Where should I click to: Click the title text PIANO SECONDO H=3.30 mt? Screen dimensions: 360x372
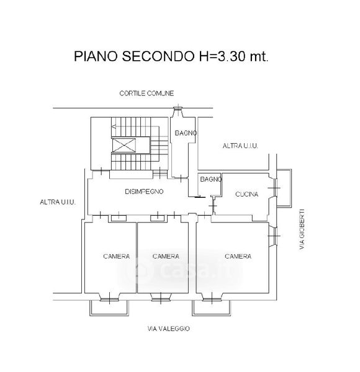[x=171, y=56]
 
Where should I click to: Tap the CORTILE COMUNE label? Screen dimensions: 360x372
[x=146, y=93]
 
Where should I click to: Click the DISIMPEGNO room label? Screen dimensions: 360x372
[x=144, y=192]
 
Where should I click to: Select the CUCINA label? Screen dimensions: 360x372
[x=247, y=194]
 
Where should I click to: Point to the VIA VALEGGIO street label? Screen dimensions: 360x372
[x=169, y=329]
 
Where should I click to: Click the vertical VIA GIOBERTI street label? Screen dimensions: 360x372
[x=302, y=229]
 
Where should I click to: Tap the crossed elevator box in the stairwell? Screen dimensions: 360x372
[x=124, y=145]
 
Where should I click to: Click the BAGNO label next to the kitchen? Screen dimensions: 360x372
[x=210, y=179]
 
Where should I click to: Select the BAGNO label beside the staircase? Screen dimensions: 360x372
[x=186, y=133]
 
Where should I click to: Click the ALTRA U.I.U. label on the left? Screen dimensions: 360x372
[x=58, y=202]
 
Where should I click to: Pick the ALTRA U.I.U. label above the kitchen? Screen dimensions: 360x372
[x=240, y=146]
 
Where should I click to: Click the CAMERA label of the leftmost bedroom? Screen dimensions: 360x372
[x=116, y=256]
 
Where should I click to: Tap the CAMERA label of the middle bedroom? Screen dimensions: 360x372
[x=166, y=256]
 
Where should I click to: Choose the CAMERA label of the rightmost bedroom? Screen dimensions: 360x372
[x=238, y=256]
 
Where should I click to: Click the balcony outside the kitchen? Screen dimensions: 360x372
[x=284, y=188]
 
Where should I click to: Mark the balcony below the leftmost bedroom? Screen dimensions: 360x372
[x=109, y=308]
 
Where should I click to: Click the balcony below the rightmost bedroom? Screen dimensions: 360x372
[x=212, y=308]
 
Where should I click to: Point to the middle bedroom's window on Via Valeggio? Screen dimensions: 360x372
[x=161, y=298]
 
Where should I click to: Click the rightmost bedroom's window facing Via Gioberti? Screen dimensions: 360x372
[x=273, y=236]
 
